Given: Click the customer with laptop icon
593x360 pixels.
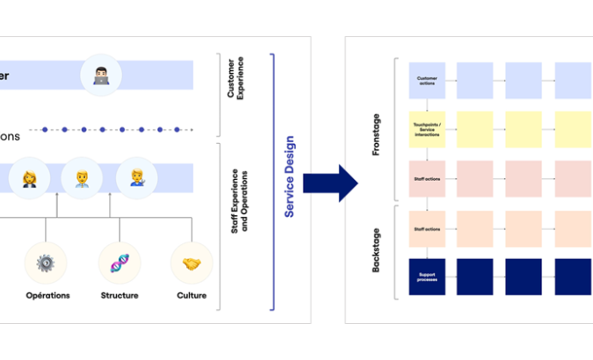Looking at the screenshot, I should pyautogui.click(x=101, y=76).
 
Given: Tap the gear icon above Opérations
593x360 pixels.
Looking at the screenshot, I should pyautogui.click(x=47, y=264).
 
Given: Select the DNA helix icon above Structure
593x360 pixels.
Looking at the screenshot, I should pyautogui.click(x=119, y=264).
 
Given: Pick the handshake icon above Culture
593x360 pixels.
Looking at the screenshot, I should pyautogui.click(x=191, y=264).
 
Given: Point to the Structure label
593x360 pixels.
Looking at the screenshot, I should pyautogui.click(x=119, y=296).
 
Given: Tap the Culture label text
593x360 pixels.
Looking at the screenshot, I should pyautogui.click(x=192, y=296).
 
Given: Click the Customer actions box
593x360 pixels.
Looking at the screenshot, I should pyautogui.click(x=427, y=80).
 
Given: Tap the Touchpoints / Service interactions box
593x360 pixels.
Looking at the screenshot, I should pyautogui.click(x=427, y=128).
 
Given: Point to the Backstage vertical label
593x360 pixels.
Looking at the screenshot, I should pyautogui.click(x=377, y=251).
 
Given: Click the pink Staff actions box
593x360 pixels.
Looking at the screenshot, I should pyautogui.click(x=427, y=178).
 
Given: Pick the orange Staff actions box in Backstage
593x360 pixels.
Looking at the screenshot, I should pyautogui.click(x=427, y=229).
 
